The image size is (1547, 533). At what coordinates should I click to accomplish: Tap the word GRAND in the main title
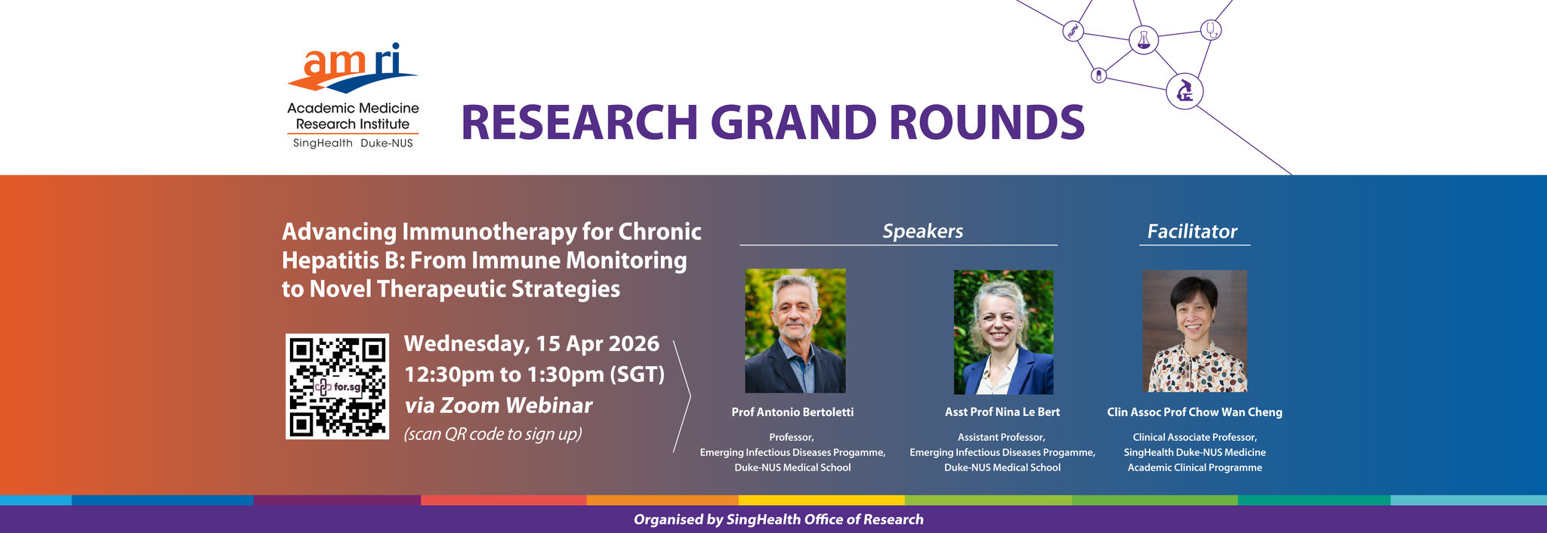[x=792, y=122]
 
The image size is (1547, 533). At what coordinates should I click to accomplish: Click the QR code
[x=337, y=387]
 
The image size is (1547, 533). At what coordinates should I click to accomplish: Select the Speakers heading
[x=922, y=231]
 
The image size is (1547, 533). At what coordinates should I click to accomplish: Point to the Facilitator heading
[x=1192, y=231]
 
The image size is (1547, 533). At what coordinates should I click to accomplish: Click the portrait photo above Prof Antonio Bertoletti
[x=795, y=331]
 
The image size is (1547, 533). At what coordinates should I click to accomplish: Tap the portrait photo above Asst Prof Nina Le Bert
[x=1003, y=332]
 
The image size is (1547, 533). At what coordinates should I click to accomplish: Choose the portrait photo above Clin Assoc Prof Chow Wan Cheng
[x=1195, y=331]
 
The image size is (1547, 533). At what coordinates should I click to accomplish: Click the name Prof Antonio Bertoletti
[x=792, y=412]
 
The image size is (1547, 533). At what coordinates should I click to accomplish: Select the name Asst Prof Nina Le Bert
[x=1002, y=412]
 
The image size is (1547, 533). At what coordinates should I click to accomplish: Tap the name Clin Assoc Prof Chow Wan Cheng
[x=1195, y=412]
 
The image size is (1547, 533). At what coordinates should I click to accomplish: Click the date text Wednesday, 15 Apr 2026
[x=532, y=344]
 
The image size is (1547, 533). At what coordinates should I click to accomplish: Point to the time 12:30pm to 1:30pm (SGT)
[x=535, y=375]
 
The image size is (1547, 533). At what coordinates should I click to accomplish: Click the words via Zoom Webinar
[x=499, y=405]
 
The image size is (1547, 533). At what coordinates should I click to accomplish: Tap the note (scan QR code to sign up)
[x=493, y=435]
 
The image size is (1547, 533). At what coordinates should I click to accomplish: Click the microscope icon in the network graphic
[x=1184, y=92]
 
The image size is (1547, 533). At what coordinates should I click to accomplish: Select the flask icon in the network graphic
[x=1144, y=39]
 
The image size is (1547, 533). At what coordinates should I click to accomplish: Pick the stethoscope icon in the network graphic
[x=1211, y=30]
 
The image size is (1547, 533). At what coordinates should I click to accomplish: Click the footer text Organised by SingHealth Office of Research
[x=779, y=519]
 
